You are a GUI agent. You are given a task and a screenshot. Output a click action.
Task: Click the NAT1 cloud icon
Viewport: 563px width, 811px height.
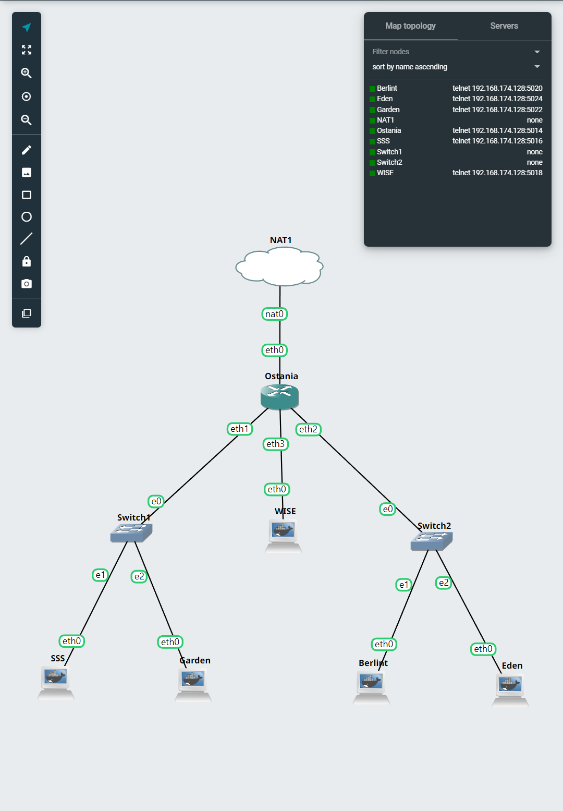click(279, 267)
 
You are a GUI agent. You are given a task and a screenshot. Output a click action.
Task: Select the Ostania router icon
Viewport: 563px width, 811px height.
click(279, 397)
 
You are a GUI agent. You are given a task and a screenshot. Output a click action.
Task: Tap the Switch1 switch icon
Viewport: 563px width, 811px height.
click(131, 532)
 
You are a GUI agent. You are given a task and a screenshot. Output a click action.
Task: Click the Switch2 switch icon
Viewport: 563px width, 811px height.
click(431, 541)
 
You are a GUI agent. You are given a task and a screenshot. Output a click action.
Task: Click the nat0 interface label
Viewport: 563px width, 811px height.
click(274, 314)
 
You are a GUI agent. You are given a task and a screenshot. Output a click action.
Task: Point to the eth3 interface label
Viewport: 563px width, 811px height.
click(275, 444)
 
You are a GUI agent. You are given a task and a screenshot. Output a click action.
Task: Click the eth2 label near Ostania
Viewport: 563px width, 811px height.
click(308, 429)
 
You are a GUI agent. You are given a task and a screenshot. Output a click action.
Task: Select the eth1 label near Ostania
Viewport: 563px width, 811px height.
click(240, 429)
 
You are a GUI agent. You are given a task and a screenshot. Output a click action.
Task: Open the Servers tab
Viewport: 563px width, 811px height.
click(504, 26)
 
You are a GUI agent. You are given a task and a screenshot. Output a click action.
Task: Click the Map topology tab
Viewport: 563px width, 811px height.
click(410, 26)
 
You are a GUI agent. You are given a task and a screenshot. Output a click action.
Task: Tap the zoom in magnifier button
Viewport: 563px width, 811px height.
click(27, 73)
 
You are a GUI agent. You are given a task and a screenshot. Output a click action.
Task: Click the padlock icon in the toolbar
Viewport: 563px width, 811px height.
click(27, 261)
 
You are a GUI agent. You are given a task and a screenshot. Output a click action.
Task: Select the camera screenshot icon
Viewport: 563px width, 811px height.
click(27, 284)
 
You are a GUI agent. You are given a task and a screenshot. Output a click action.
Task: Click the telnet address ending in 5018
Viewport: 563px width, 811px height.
click(497, 173)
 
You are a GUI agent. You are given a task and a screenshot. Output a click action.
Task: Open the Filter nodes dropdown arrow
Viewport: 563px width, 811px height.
click(537, 52)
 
